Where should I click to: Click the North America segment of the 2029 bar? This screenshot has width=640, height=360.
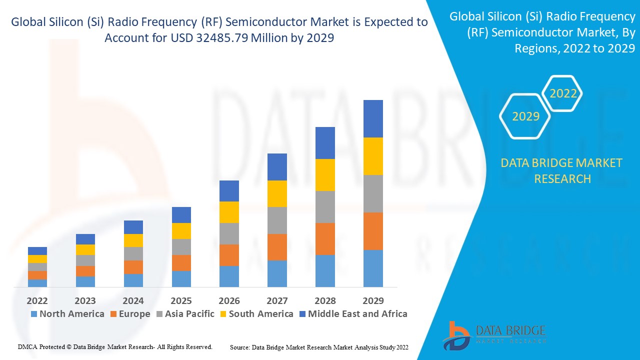(373, 268)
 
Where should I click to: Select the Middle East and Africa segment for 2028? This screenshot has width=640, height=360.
(325, 143)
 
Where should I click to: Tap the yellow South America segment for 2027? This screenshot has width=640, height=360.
(277, 193)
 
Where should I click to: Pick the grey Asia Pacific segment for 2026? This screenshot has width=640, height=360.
(229, 233)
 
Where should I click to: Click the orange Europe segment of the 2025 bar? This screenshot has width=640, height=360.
(181, 263)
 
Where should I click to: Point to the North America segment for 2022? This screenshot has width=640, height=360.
(37, 283)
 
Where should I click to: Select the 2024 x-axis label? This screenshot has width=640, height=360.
(133, 300)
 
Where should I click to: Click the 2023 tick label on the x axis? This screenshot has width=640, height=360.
(85, 300)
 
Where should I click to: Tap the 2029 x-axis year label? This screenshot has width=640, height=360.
(373, 300)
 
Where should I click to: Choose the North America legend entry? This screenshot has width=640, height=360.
(67, 314)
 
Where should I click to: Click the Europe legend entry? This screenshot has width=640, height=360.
(129, 314)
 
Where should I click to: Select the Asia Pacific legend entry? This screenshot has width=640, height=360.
(185, 314)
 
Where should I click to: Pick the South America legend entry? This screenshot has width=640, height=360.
(256, 314)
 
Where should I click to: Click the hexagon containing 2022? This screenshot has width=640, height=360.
(563, 93)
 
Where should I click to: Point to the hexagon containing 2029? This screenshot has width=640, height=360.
(525, 116)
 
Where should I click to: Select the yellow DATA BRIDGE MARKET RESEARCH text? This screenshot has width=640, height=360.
(562, 170)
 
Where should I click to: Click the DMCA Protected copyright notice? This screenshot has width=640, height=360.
(115, 346)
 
